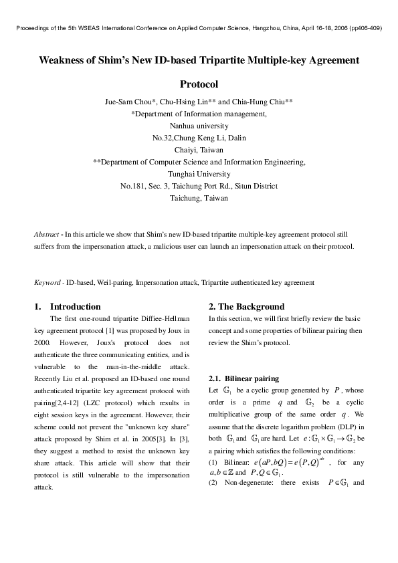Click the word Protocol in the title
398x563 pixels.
click(199, 85)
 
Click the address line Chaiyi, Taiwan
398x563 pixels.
click(199, 150)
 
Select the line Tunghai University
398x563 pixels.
click(199, 174)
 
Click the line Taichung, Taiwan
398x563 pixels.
click(199, 198)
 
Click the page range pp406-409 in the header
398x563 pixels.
click(363, 29)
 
